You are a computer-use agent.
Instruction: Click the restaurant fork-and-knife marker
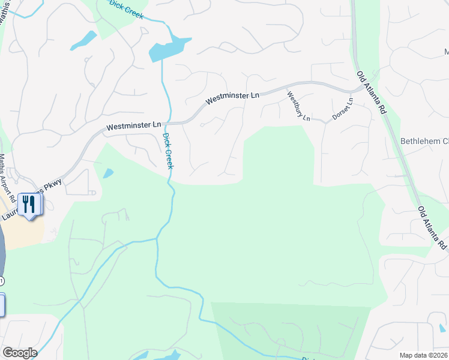tap(28, 204)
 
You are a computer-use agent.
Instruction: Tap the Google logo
tap(20, 353)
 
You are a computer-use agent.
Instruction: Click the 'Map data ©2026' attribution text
tap(423, 355)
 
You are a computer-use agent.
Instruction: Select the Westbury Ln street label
tap(298, 106)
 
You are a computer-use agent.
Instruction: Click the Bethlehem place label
tap(424, 142)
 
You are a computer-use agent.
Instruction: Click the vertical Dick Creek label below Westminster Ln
tap(167, 151)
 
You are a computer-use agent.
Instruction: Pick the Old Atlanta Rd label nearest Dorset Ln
tap(371, 92)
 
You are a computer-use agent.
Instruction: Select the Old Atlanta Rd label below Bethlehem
tap(433, 228)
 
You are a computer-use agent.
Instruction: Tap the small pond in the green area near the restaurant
tap(108, 173)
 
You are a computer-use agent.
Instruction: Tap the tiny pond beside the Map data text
tap(442, 328)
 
